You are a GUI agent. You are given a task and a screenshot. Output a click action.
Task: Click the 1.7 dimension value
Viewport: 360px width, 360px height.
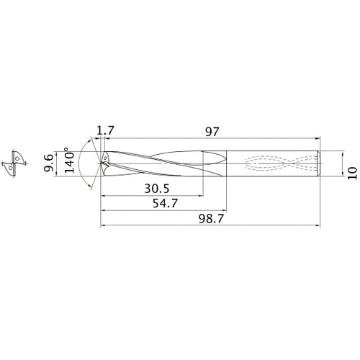(104, 131)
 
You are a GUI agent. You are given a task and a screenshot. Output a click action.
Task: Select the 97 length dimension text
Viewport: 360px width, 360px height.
(211, 131)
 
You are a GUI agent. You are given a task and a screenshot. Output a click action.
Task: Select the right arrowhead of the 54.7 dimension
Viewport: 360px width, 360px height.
(225, 211)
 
